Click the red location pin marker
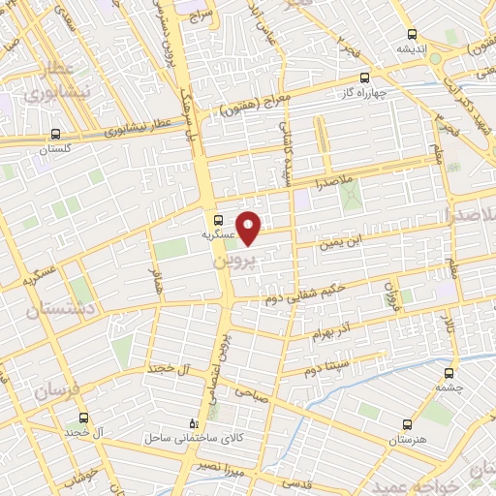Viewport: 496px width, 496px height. click(250, 228)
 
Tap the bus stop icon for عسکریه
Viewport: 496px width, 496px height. click(219, 220)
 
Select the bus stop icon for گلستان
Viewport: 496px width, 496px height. click(56, 135)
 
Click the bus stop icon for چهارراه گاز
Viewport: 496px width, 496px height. click(364, 77)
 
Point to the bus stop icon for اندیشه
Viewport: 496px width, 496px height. click(413, 33)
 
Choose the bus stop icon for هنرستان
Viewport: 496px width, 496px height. click(406, 423)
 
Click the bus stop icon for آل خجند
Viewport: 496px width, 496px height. click(84, 418)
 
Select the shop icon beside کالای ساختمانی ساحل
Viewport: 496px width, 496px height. click(194, 423)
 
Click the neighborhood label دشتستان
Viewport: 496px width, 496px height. click(51, 310)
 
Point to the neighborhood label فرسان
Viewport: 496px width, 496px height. click(53, 390)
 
